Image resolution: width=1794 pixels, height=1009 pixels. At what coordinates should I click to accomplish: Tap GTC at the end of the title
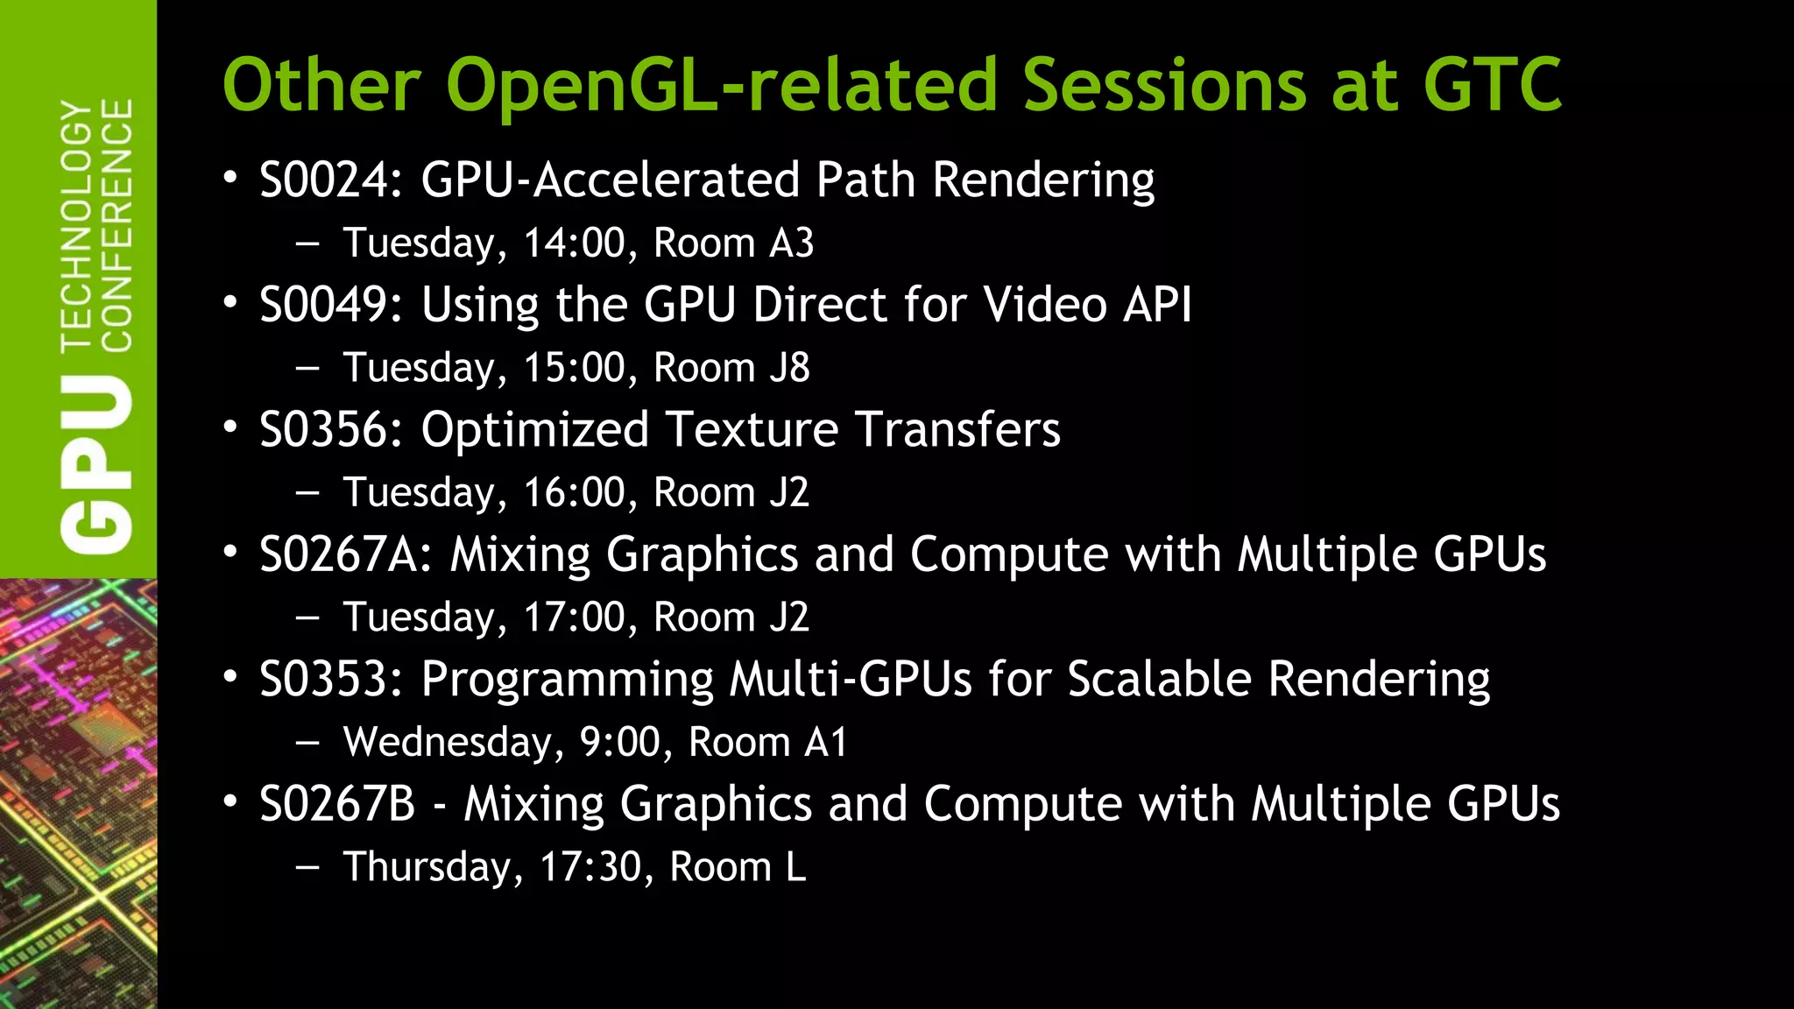(x=1492, y=86)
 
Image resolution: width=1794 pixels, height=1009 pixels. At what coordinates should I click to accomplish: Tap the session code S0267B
(x=337, y=805)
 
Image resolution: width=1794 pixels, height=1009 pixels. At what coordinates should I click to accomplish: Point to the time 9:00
(x=619, y=743)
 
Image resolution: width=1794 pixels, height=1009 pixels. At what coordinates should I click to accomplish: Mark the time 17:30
(x=590, y=868)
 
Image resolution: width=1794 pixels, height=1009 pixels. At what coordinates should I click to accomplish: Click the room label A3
(x=791, y=243)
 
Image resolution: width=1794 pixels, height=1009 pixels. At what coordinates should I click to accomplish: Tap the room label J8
(x=789, y=368)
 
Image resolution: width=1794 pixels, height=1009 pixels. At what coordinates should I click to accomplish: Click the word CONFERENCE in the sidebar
(x=117, y=225)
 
